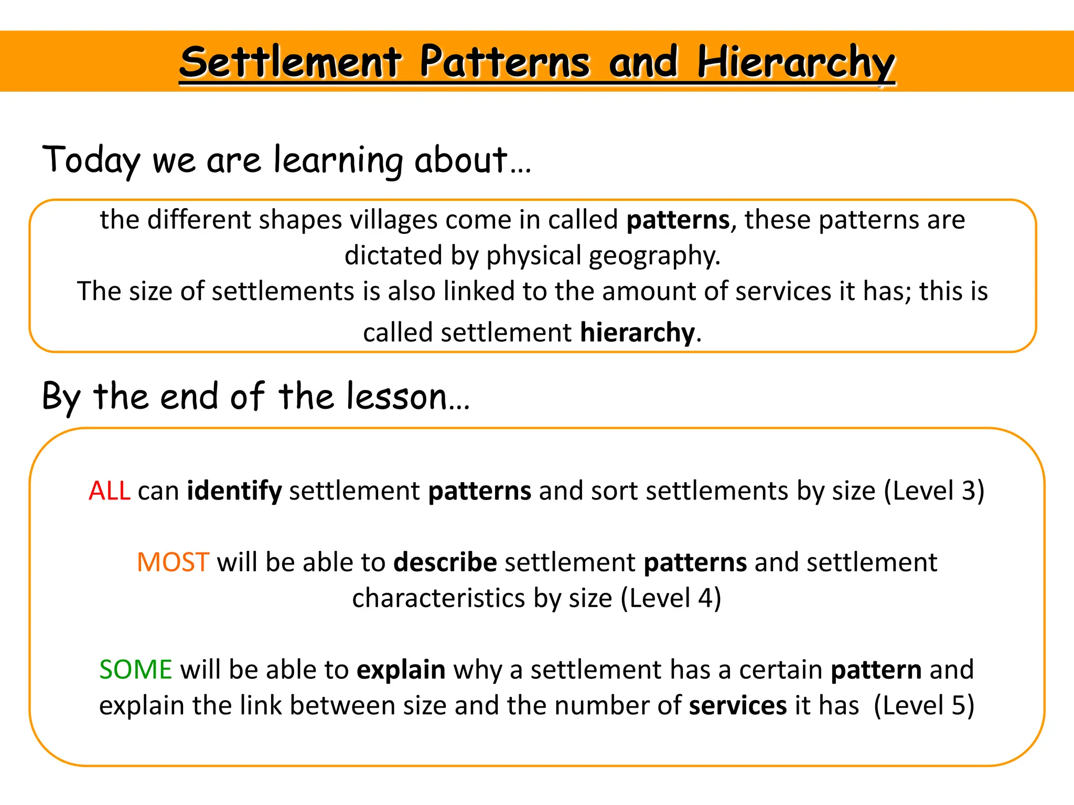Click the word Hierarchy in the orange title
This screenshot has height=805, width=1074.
[x=796, y=63]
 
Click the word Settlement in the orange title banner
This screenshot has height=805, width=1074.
[x=291, y=63]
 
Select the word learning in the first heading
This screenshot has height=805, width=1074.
[x=338, y=160]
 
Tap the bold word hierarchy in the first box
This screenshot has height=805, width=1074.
[x=637, y=332]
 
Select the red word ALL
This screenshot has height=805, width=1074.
[x=109, y=491]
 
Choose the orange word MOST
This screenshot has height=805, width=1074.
[x=173, y=562]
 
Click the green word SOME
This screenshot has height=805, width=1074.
[x=136, y=670]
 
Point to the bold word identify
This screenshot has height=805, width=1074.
[x=234, y=491]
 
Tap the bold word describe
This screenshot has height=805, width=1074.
[x=445, y=562]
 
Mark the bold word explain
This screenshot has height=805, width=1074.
[x=401, y=670]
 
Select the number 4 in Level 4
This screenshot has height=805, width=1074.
[x=705, y=598]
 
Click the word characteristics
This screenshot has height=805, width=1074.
[x=438, y=598]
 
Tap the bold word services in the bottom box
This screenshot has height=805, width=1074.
[x=738, y=705]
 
